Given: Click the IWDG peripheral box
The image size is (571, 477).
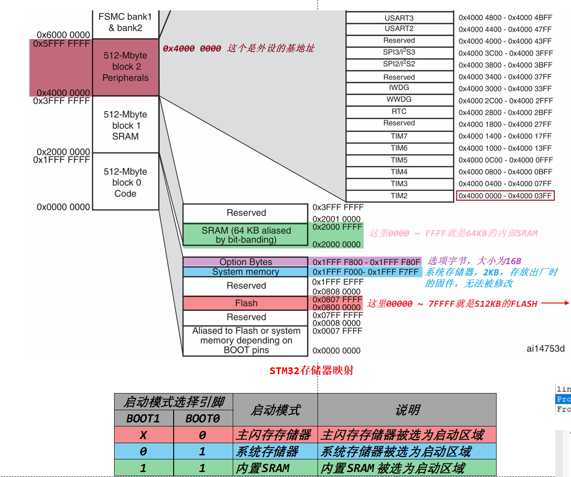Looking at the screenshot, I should [x=399, y=88].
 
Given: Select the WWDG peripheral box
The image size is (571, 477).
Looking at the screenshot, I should [x=399, y=99].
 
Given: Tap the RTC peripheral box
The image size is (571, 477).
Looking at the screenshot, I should [x=399, y=111].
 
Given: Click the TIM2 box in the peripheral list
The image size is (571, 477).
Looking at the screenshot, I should [x=399, y=196].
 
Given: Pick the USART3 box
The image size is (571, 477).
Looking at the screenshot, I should [x=399, y=18].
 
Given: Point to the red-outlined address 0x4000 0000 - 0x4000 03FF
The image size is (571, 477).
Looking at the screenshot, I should [x=505, y=196].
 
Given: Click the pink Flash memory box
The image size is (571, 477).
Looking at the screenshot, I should [x=246, y=303].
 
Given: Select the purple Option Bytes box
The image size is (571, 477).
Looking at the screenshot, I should [x=246, y=262].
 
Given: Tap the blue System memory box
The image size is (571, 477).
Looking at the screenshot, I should [x=246, y=272].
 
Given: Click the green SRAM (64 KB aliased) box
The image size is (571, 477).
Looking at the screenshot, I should [x=246, y=235].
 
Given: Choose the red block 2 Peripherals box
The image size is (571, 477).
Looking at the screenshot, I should [x=125, y=67].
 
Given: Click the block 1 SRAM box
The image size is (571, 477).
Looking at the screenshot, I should [x=125, y=125].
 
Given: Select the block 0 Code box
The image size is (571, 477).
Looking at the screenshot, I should [x=125, y=183].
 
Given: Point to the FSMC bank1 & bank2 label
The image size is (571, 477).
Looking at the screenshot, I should [x=125, y=23].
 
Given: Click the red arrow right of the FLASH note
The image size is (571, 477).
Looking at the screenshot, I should [x=555, y=303].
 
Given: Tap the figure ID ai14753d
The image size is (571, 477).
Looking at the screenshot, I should [x=545, y=348].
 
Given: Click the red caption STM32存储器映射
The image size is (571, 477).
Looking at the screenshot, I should [x=311, y=370].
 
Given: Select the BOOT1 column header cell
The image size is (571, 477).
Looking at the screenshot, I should [x=143, y=418].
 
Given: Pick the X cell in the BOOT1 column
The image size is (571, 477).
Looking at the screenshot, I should [x=143, y=435].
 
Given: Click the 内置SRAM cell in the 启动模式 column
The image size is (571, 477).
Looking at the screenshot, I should [x=263, y=468].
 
